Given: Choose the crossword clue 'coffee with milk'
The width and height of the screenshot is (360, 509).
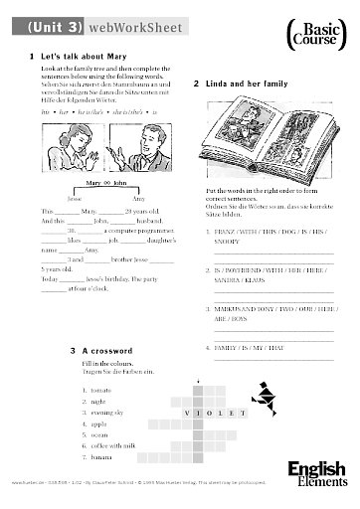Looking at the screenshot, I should (x=116, y=446).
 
